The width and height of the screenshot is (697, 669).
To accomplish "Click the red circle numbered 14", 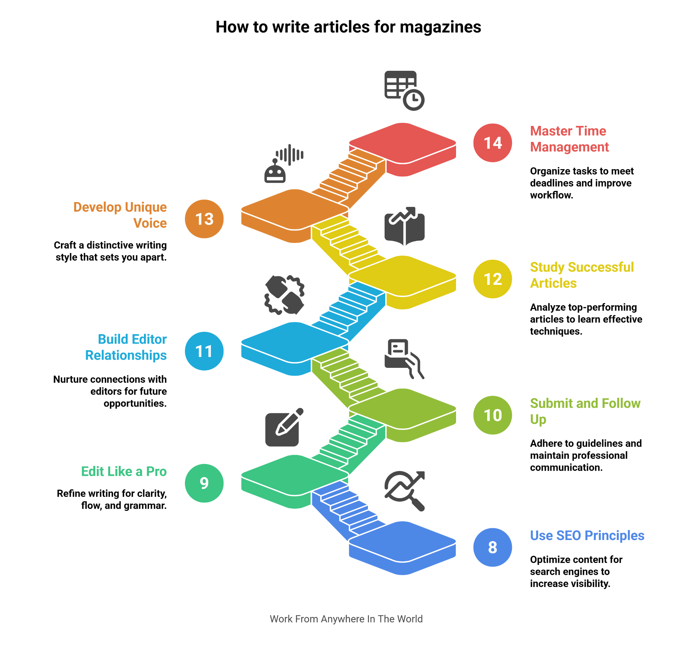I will pos(492,143).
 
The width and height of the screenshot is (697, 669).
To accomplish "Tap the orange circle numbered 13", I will pos(204,219).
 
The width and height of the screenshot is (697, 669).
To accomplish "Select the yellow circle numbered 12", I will pos(492,279).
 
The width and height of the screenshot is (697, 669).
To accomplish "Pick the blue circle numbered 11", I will pos(204,351).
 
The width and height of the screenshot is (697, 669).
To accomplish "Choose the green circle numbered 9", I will pos(204,483).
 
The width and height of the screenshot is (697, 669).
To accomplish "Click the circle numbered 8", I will pos(492,548).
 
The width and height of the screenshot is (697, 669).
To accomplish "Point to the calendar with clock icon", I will pos(404,90).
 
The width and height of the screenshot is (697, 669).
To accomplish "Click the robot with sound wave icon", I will pos(283,164).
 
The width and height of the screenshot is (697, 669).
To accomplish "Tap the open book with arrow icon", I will pos(404,226).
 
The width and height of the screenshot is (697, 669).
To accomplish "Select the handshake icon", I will pos(284,295).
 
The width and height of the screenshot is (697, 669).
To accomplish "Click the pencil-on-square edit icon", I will pos(283,427).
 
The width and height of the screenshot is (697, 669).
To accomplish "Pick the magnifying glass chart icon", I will pos(404,491).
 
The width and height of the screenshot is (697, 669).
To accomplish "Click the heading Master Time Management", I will pos(569,139).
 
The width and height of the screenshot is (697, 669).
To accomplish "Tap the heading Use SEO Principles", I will pos(587,536).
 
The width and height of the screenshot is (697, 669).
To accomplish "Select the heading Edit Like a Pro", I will pos(124,472).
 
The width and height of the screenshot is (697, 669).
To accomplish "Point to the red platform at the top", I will pos(402,143).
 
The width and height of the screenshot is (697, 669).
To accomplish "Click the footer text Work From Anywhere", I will pos(346,619).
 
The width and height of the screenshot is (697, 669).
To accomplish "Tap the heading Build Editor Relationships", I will pos(126,347).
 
